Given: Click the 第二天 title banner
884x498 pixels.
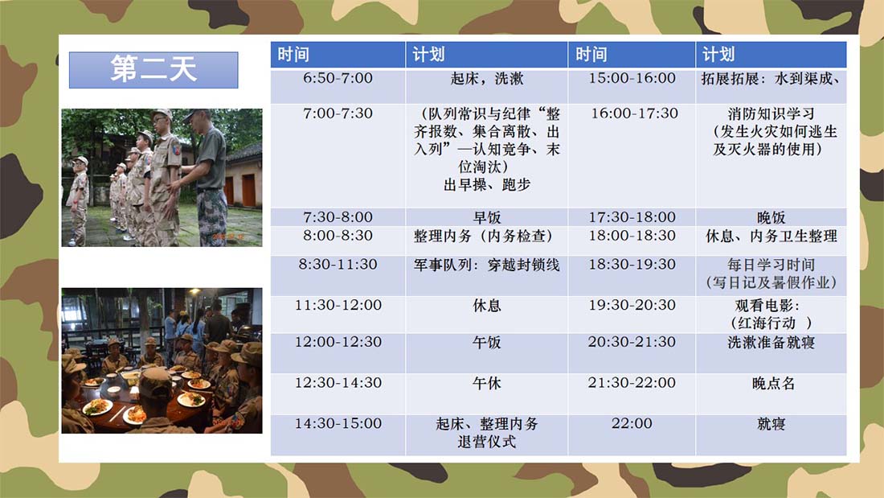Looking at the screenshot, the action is pyautogui.click(x=153, y=69).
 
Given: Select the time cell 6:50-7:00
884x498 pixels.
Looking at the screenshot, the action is pyautogui.click(x=338, y=78).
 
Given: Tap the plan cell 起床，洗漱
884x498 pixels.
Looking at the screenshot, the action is pyautogui.click(x=486, y=79).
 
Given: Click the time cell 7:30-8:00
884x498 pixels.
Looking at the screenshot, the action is pyautogui.click(x=338, y=217).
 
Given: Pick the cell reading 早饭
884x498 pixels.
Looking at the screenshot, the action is pyautogui.click(x=486, y=217).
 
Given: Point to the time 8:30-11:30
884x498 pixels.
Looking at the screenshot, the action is pyautogui.click(x=338, y=264).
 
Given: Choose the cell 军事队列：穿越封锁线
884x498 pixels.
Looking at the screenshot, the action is pyautogui.click(x=486, y=265).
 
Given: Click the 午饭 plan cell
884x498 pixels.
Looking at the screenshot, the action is pyautogui.click(x=486, y=342).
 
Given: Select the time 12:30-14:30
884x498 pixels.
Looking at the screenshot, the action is pyautogui.click(x=338, y=383).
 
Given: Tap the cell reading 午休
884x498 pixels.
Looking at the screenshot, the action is pyautogui.click(x=486, y=384).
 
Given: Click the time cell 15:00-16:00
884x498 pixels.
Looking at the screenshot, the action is pyautogui.click(x=632, y=78).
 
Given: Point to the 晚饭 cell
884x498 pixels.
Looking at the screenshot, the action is pyautogui.click(x=771, y=217).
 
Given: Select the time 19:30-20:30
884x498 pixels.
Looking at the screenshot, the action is pyautogui.click(x=632, y=305).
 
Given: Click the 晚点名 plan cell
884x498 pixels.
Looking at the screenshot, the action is pyautogui.click(x=773, y=384).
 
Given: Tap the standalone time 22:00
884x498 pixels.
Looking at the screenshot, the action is pyautogui.click(x=632, y=423).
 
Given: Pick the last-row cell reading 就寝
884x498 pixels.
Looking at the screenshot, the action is pyautogui.click(x=771, y=424).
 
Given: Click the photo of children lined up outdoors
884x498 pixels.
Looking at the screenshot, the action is pyautogui.click(x=162, y=177).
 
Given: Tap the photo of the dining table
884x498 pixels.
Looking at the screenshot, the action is pyautogui.click(x=162, y=360).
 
